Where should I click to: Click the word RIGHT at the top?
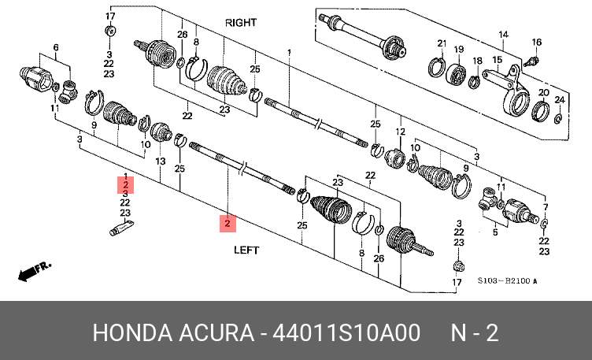pyautogui.click(x=241, y=23)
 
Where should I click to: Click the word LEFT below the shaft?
pyautogui.click(x=246, y=250)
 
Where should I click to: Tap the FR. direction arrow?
pyautogui.click(x=34, y=271)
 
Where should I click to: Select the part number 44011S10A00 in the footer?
pyautogui.click(x=346, y=333)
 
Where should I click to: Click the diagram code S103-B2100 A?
pyautogui.click(x=507, y=280)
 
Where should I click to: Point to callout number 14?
pyautogui.click(x=503, y=35)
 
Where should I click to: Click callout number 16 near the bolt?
pyautogui.click(x=537, y=43)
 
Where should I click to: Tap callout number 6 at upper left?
pyautogui.click(x=56, y=47)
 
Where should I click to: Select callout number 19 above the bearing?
pyautogui.click(x=459, y=50)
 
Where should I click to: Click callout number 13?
pyautogui.click(x=161, y=161)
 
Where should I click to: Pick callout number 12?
pyautogui.click(x=400, y=132)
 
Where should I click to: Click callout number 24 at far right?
pyautogui.click(x=560, y=100)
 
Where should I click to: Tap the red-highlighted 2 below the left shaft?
pyautogui.click(x=228, y=223)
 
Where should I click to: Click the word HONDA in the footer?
pyautogui.click(x=131, y=333)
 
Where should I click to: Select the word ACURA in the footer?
pyautogui.click(x=216, y=333)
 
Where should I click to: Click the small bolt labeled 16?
pyautogui.click(x=531, y=61)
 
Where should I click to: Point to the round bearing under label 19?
pyautogui.click(x=456, y=74)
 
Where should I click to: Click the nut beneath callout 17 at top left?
pyautogui.click(x=110, y=31)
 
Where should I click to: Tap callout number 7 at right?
pyautogui.click(x=546, y=207)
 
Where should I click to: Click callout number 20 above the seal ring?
pyautogui.click(x=544, y=92)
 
